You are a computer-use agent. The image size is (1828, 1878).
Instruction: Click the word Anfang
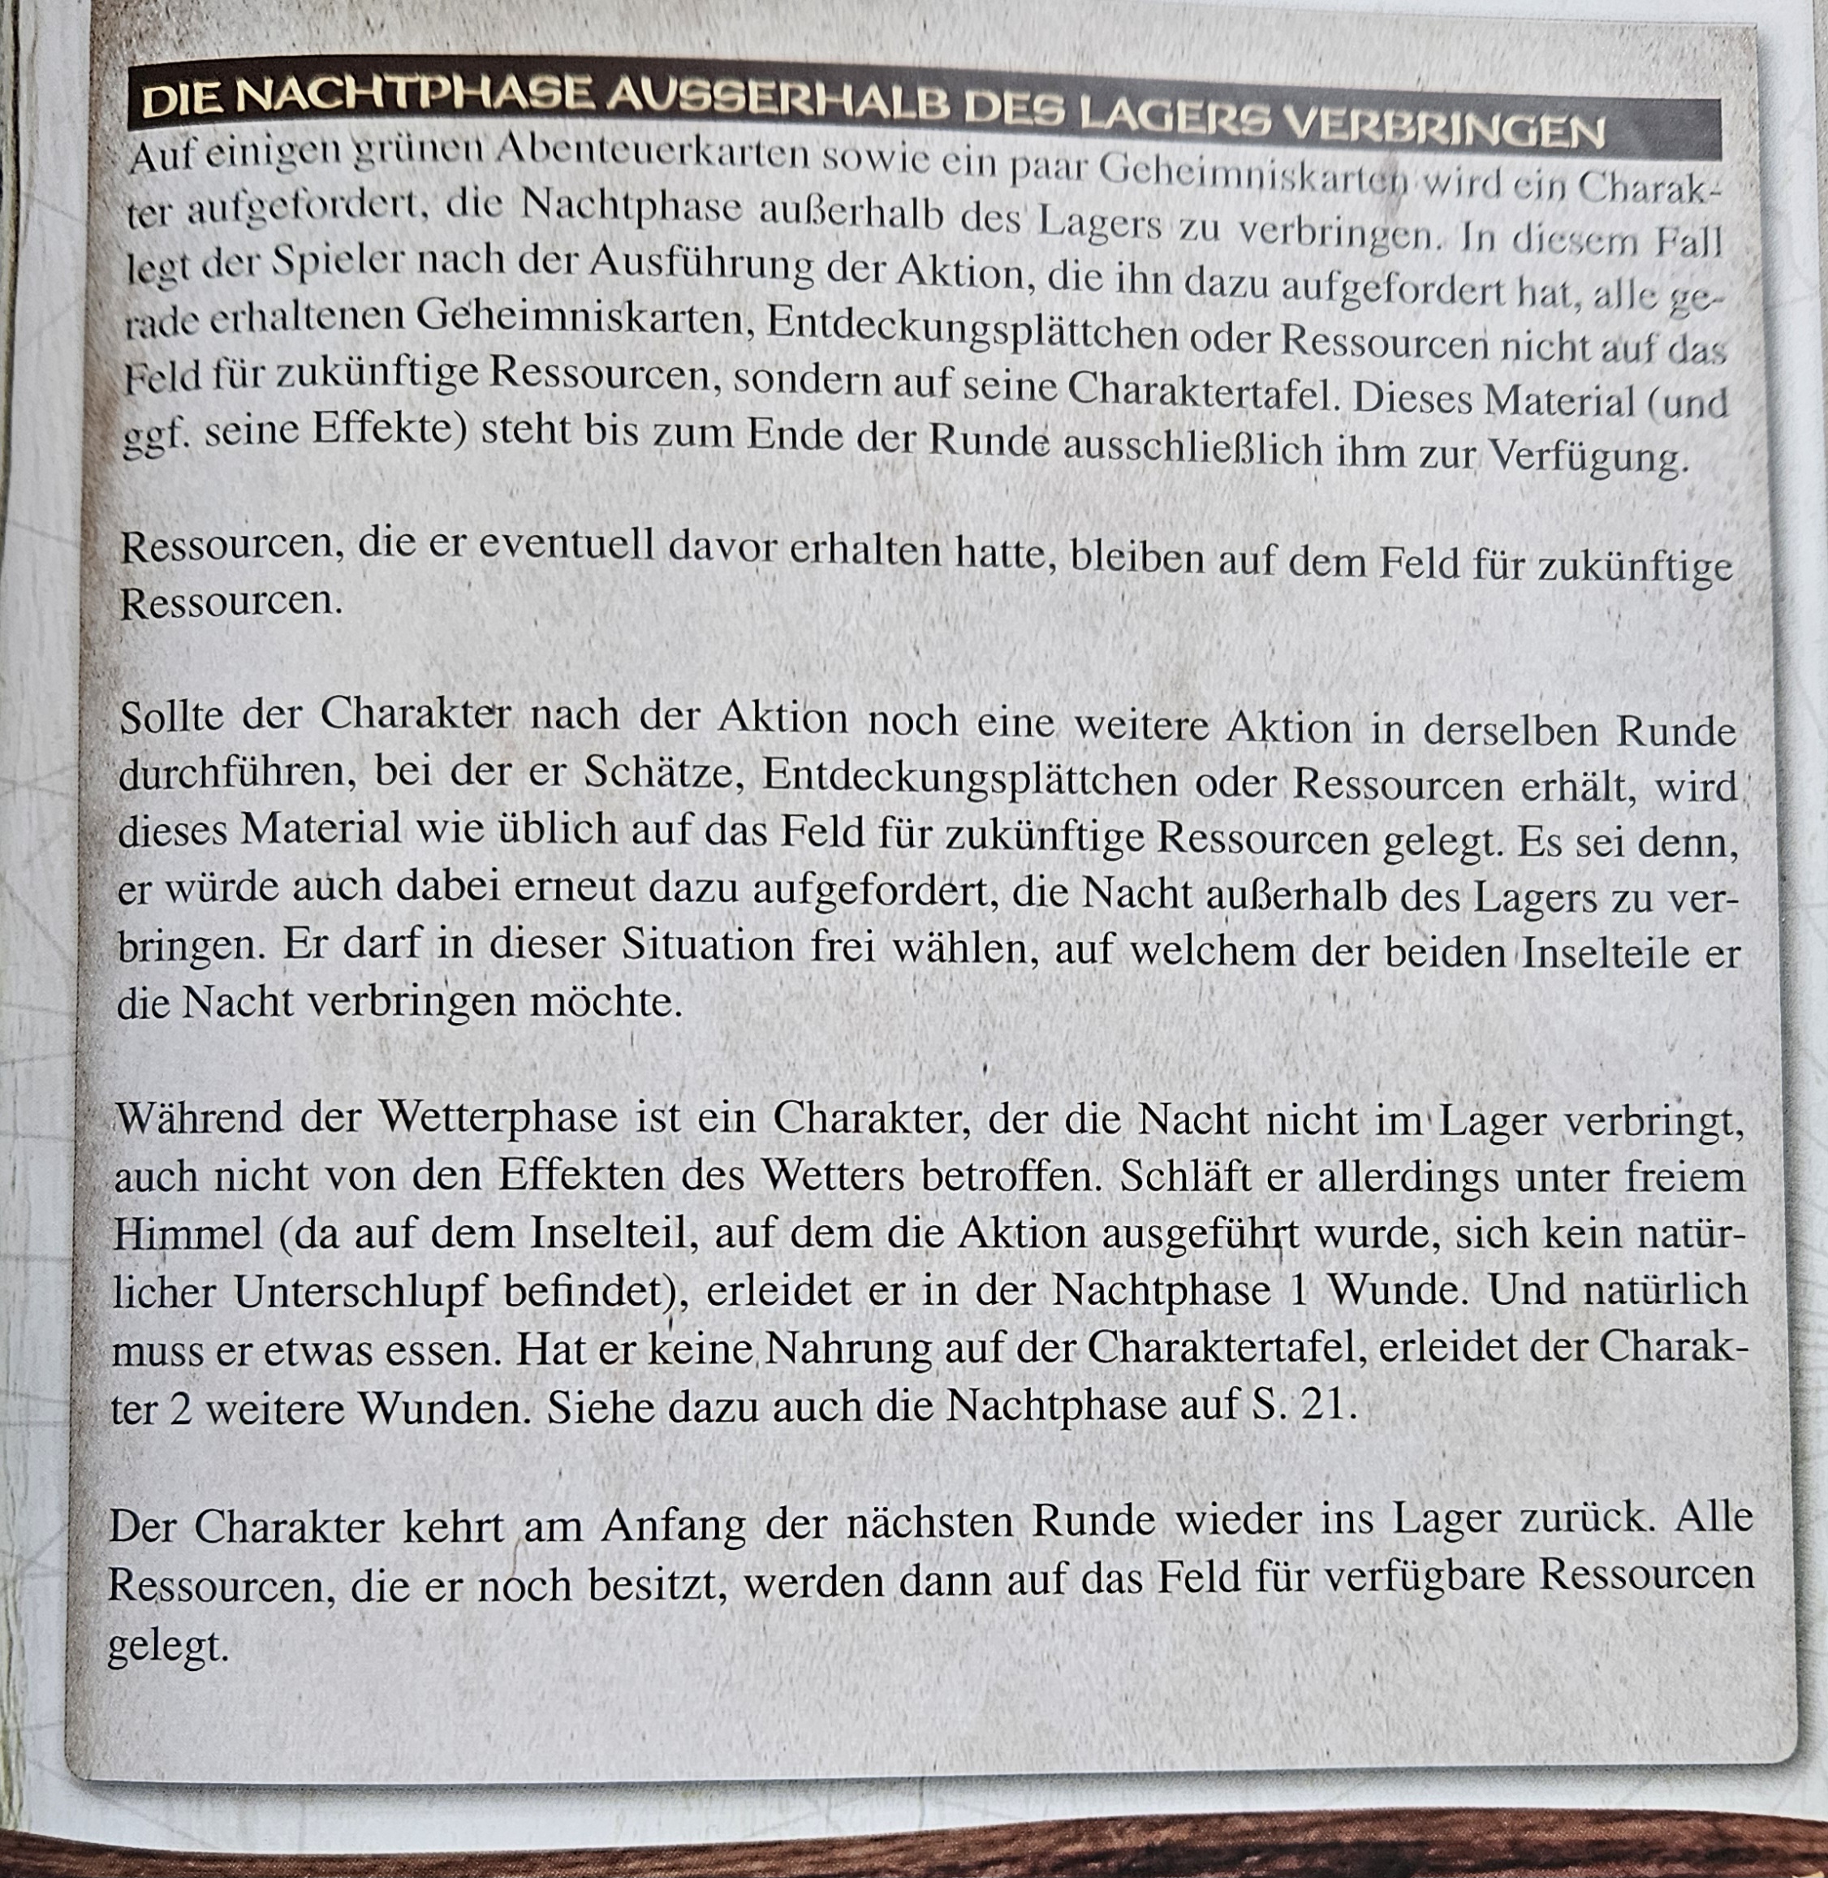pos(673,1524)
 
